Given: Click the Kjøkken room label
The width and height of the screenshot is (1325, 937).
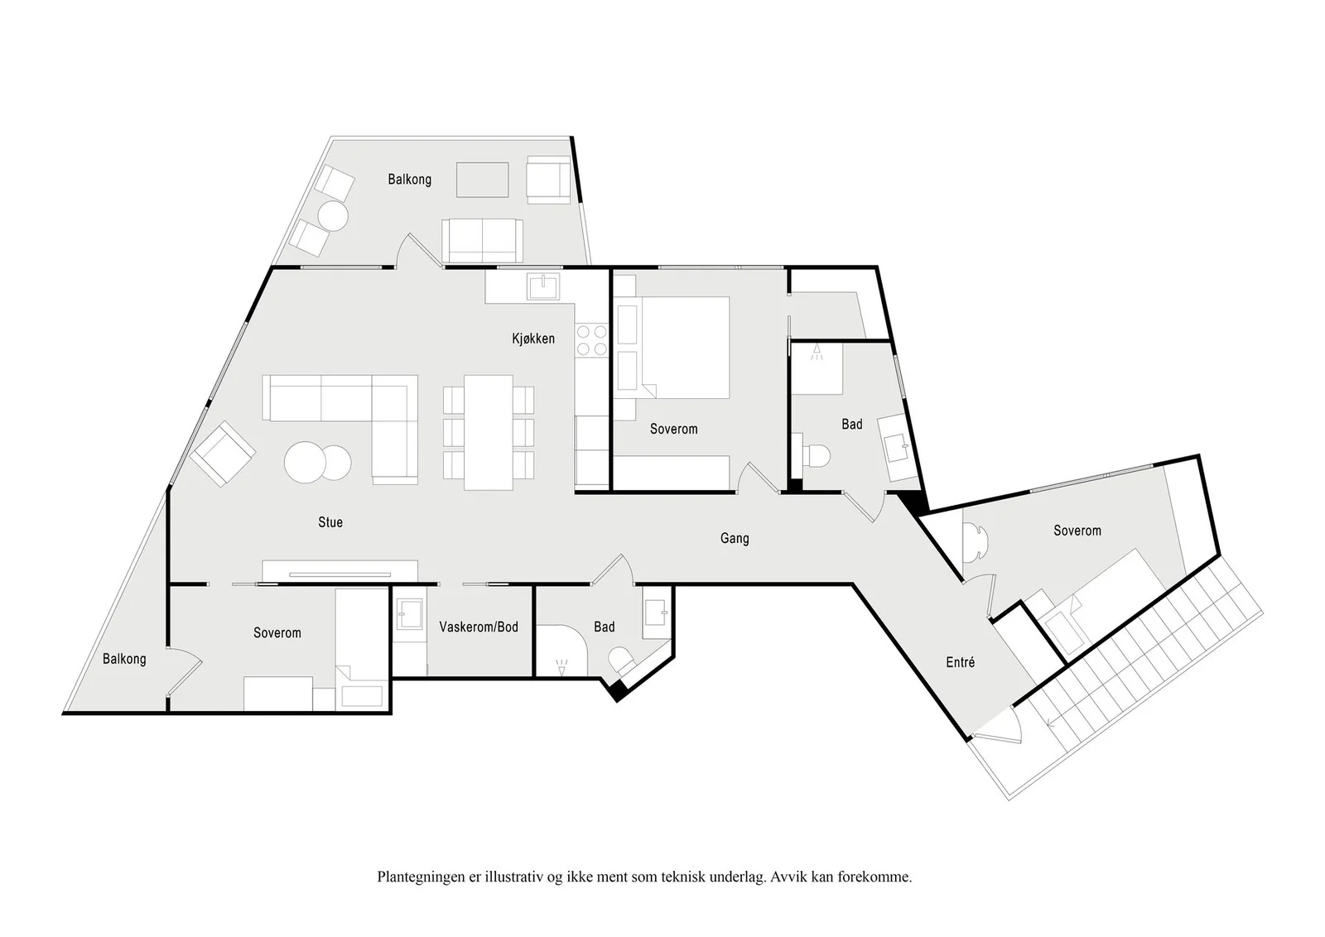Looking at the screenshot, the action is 533,339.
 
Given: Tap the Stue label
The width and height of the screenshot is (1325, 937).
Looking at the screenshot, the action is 330,522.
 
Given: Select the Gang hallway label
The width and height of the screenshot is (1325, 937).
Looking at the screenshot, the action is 734,539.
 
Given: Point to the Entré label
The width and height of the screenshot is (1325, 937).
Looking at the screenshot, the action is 960,662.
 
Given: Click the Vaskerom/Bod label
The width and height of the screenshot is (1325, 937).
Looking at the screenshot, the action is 479,627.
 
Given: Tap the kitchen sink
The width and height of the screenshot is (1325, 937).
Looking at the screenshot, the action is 543,286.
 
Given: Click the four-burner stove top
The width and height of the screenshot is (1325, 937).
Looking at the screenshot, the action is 591,340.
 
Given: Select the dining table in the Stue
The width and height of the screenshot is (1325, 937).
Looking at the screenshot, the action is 488,432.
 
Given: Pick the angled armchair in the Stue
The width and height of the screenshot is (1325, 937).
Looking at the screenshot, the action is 223,454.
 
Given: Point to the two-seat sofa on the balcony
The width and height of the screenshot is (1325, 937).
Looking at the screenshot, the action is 482,241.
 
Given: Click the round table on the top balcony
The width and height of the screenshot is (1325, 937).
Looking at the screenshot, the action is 332,216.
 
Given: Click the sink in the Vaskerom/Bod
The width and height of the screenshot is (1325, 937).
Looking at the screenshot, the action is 409,614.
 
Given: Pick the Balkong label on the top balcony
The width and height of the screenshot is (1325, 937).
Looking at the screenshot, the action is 409,179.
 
